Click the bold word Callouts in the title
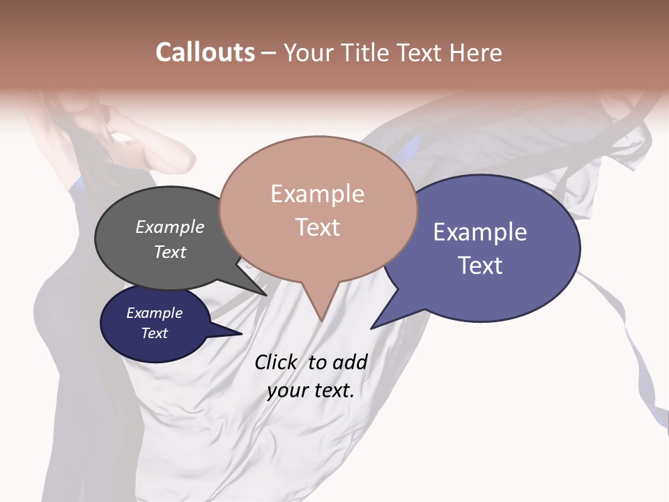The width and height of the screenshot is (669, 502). tap(205, 52)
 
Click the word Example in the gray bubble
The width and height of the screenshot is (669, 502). tap(170, 227)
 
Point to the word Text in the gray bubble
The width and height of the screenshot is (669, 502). tap(170, 252)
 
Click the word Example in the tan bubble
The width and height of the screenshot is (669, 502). tap(317, 194)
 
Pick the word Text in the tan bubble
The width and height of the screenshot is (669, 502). tap(317, 227)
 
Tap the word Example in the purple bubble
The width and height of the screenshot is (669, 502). tap(480, 232)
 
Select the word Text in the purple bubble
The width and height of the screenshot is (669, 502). tap(480, 266)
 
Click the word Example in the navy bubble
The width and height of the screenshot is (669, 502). tap(154, 313)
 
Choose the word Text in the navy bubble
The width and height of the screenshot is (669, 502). tap(154, 333)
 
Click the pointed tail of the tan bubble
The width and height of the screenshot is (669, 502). tap(321, 319)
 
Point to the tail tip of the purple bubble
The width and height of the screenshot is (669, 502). tap(372, 328)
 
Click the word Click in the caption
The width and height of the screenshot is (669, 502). tap(276, 363)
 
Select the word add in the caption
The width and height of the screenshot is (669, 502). tap(349, 363)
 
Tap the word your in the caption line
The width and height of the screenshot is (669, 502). tap(286, 390)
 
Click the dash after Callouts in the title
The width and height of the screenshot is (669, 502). tap(269, 53)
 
